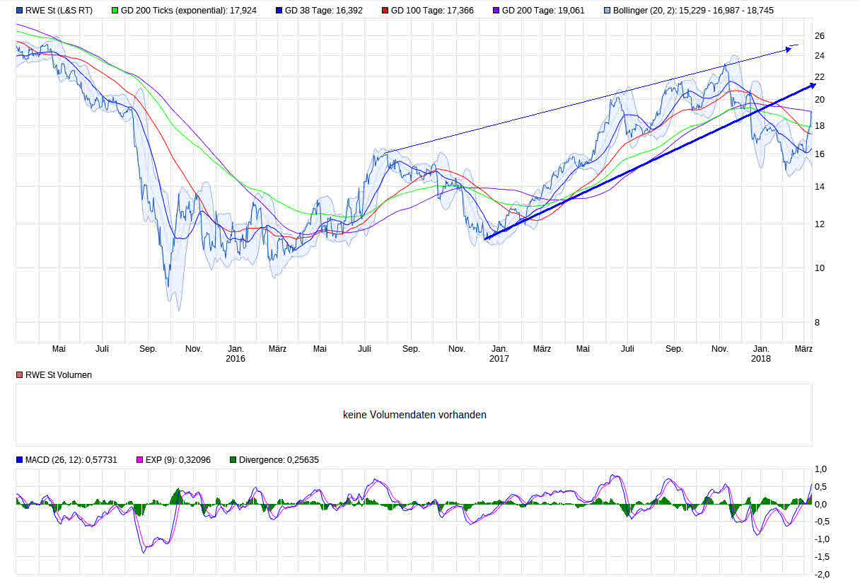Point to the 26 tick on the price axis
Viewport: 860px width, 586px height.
(x=820, y=35)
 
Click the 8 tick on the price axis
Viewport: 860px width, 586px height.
(x=818, y=322)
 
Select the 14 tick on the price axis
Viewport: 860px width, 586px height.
(x=820, y=186)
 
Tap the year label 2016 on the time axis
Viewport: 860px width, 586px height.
(x=236, y=359)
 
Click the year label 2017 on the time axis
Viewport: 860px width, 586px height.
(x=499, y=359)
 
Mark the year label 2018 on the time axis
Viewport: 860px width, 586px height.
(x=761, y=359)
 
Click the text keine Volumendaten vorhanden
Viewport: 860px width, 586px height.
(x=414, y=415)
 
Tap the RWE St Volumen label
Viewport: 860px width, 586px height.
(x=58, y=375)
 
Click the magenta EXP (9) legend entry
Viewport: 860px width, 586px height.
(x=178, y=460)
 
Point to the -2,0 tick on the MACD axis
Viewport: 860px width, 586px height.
(x=820, y=574)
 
